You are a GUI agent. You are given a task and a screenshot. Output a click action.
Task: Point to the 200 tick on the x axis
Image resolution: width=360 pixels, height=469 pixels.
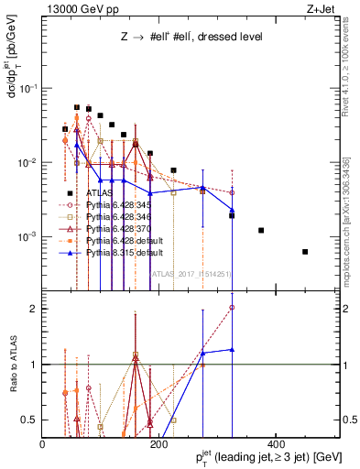(x=158, y=444)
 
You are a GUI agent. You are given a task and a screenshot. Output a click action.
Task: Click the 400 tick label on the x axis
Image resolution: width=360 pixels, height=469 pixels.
(x=274, y=444)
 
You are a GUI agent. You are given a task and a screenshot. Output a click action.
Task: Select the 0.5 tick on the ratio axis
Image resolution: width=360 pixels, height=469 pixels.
(x=31, y=420)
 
